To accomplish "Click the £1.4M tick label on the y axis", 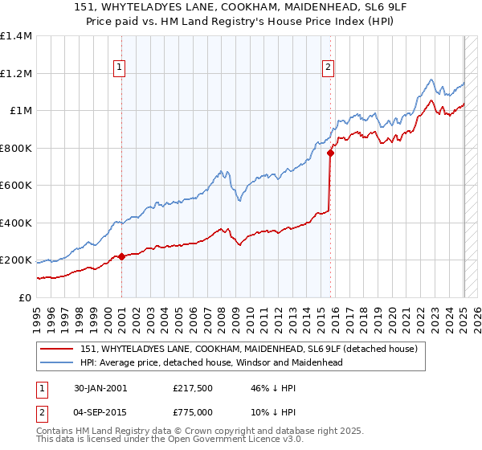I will point(16,36).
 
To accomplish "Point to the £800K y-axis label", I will point(16,148).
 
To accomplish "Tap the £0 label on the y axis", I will point(24,297).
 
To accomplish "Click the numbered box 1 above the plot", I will point(119,68).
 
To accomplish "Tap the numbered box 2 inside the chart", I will point(329,68).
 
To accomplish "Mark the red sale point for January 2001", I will point(121,257).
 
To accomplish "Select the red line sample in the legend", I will point(58,350).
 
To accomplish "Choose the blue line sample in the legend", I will point(58,362).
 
